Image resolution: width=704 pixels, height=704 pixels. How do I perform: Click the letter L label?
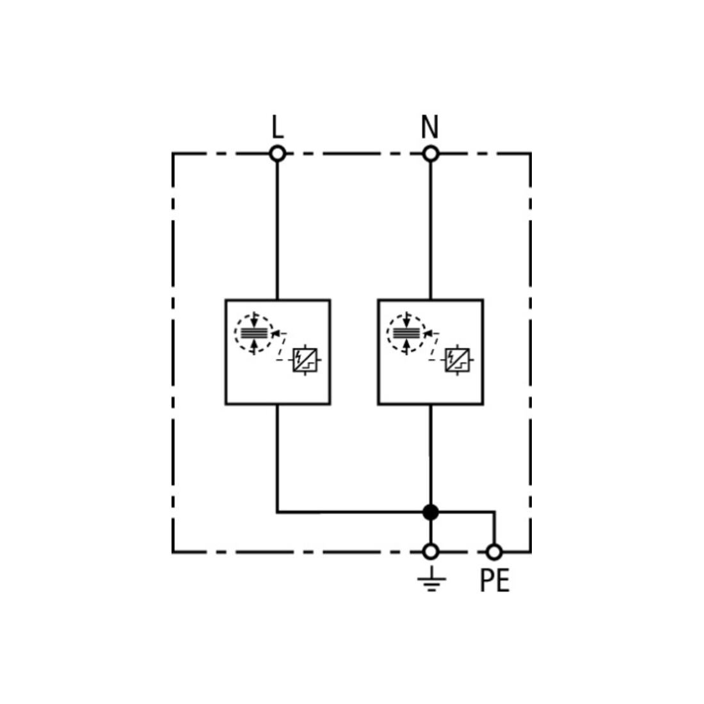(x=278, y=127)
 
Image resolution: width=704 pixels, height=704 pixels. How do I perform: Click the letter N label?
(x=429, y=127)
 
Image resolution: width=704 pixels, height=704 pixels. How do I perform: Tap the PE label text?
(x=494, y=580)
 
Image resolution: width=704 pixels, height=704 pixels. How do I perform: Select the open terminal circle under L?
(x=278, y=154)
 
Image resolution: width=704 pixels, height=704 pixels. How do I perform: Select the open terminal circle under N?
(x=431, y=154)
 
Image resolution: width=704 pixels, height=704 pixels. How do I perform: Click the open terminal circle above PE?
(x=494, y=552)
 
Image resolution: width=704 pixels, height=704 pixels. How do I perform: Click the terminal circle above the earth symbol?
(x=431, y=552)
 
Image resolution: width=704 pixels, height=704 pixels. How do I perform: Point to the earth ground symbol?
(x=431, y=579)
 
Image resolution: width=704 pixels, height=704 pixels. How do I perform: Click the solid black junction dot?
(x=431, y=512)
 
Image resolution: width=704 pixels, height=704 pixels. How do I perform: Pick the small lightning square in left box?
(x=305, y=360)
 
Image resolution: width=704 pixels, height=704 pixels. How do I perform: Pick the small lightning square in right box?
(x=457, y=360)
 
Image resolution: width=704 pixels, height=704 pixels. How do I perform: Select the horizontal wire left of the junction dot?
(x=350, y=512)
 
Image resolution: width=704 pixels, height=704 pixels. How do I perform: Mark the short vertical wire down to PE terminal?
(x=494, y=527)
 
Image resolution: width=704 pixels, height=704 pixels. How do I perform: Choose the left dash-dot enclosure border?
(x=173, y=353)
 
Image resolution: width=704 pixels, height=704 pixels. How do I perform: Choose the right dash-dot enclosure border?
(x=531, y=353)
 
